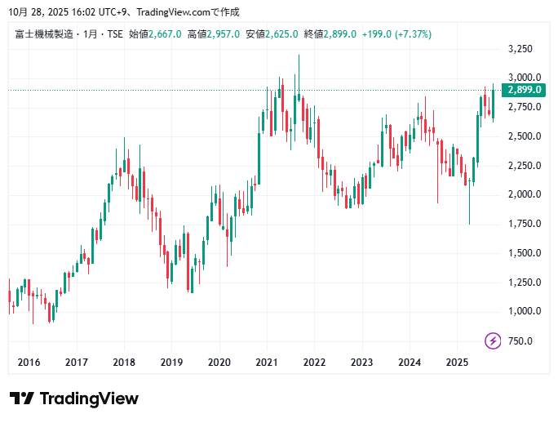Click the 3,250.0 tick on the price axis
point(520,49)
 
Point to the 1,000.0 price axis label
point(520,311)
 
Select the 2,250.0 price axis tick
point(520,166)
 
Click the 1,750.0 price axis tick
point(520,224)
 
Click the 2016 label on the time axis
point(29,362)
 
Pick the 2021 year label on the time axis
point(267,362)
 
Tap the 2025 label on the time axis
point(458,362)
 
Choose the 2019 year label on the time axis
point(171,362)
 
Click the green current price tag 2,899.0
point(525,90)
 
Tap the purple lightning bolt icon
point(493,341)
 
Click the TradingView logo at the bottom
point(73,399)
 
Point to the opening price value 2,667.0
point(165,34)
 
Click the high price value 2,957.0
point(223,34)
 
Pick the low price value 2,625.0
point(281,34)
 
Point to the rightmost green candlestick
point(493,102)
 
